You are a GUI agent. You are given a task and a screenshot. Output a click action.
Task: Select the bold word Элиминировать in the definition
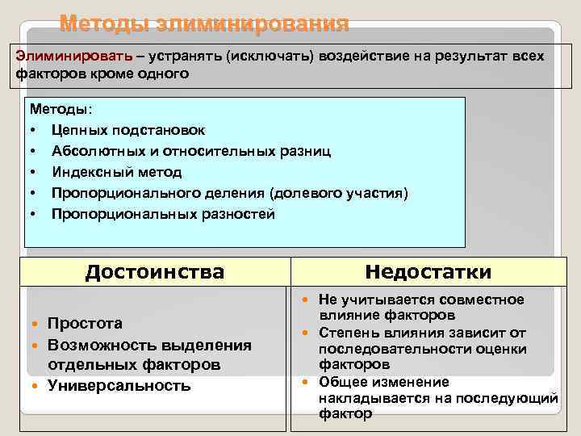(61, 57)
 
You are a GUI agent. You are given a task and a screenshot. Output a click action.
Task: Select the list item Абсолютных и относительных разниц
(190, 151)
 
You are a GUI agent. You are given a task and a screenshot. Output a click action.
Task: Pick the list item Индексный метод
(116, 172)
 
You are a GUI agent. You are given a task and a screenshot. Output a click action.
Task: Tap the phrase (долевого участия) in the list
(340, 193)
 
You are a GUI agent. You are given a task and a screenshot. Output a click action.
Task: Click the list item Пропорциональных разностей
(163, 214)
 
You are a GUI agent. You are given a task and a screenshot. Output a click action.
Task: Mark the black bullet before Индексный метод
(34, 172)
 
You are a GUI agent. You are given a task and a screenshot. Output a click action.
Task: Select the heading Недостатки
(428, 272)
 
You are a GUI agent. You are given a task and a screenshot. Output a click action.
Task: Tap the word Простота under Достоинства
(86, 324)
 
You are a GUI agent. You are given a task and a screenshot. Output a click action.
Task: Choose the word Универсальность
(119, 386)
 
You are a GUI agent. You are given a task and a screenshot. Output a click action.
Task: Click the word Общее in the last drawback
(341, 382)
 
